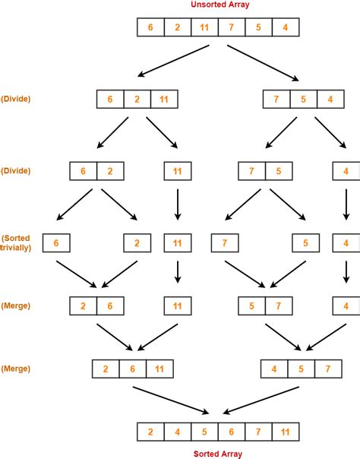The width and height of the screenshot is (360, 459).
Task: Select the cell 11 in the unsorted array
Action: tap(204, 28)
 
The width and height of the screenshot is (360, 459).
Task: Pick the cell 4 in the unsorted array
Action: tap(284, 28)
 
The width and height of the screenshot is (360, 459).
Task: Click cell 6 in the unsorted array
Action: tap(150, 28)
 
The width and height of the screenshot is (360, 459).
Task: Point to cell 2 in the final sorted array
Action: tap(150, 432)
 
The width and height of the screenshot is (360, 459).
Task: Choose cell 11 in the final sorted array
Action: tap(284, 432)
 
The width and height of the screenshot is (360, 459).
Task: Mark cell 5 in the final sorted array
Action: tap(204, 432)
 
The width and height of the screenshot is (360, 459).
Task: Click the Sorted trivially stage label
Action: tap(17, 243)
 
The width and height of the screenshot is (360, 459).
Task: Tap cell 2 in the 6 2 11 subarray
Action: tap(137, 100)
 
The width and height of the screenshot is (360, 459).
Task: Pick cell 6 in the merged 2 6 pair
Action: tap(111, 306)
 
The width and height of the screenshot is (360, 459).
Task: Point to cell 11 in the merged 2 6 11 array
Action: tap(160, 370)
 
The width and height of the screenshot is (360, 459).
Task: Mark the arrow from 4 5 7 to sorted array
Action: tap(257, 400)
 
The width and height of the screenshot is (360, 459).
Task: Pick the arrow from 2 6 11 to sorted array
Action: tap(170, 400)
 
